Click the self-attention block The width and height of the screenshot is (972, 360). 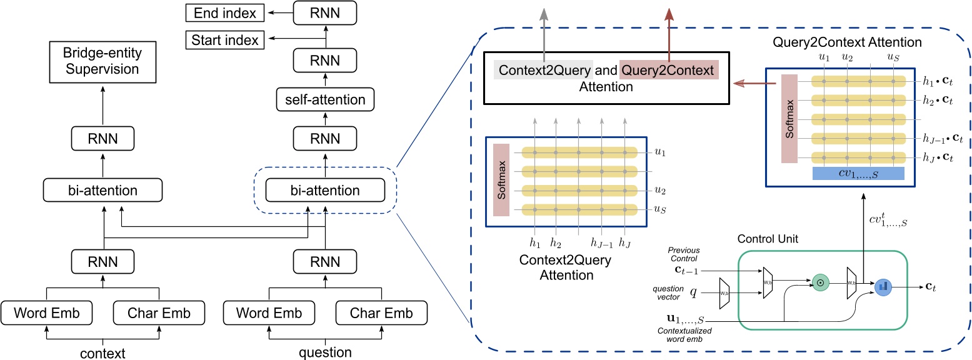click(x=325, y=99)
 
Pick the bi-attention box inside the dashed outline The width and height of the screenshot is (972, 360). click(x=326, y=190)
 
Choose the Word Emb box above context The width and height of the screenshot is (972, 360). click(x=46, y=312)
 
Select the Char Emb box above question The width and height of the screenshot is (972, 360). click(x=382, y=312)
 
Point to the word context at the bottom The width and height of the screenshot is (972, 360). click(x=103, y=353)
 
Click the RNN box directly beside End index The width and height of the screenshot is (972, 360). click(x=325, y=12)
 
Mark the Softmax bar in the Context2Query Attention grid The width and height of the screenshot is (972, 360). click(x=501, y=180)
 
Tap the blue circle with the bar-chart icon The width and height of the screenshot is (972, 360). click(x=883, y=287)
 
